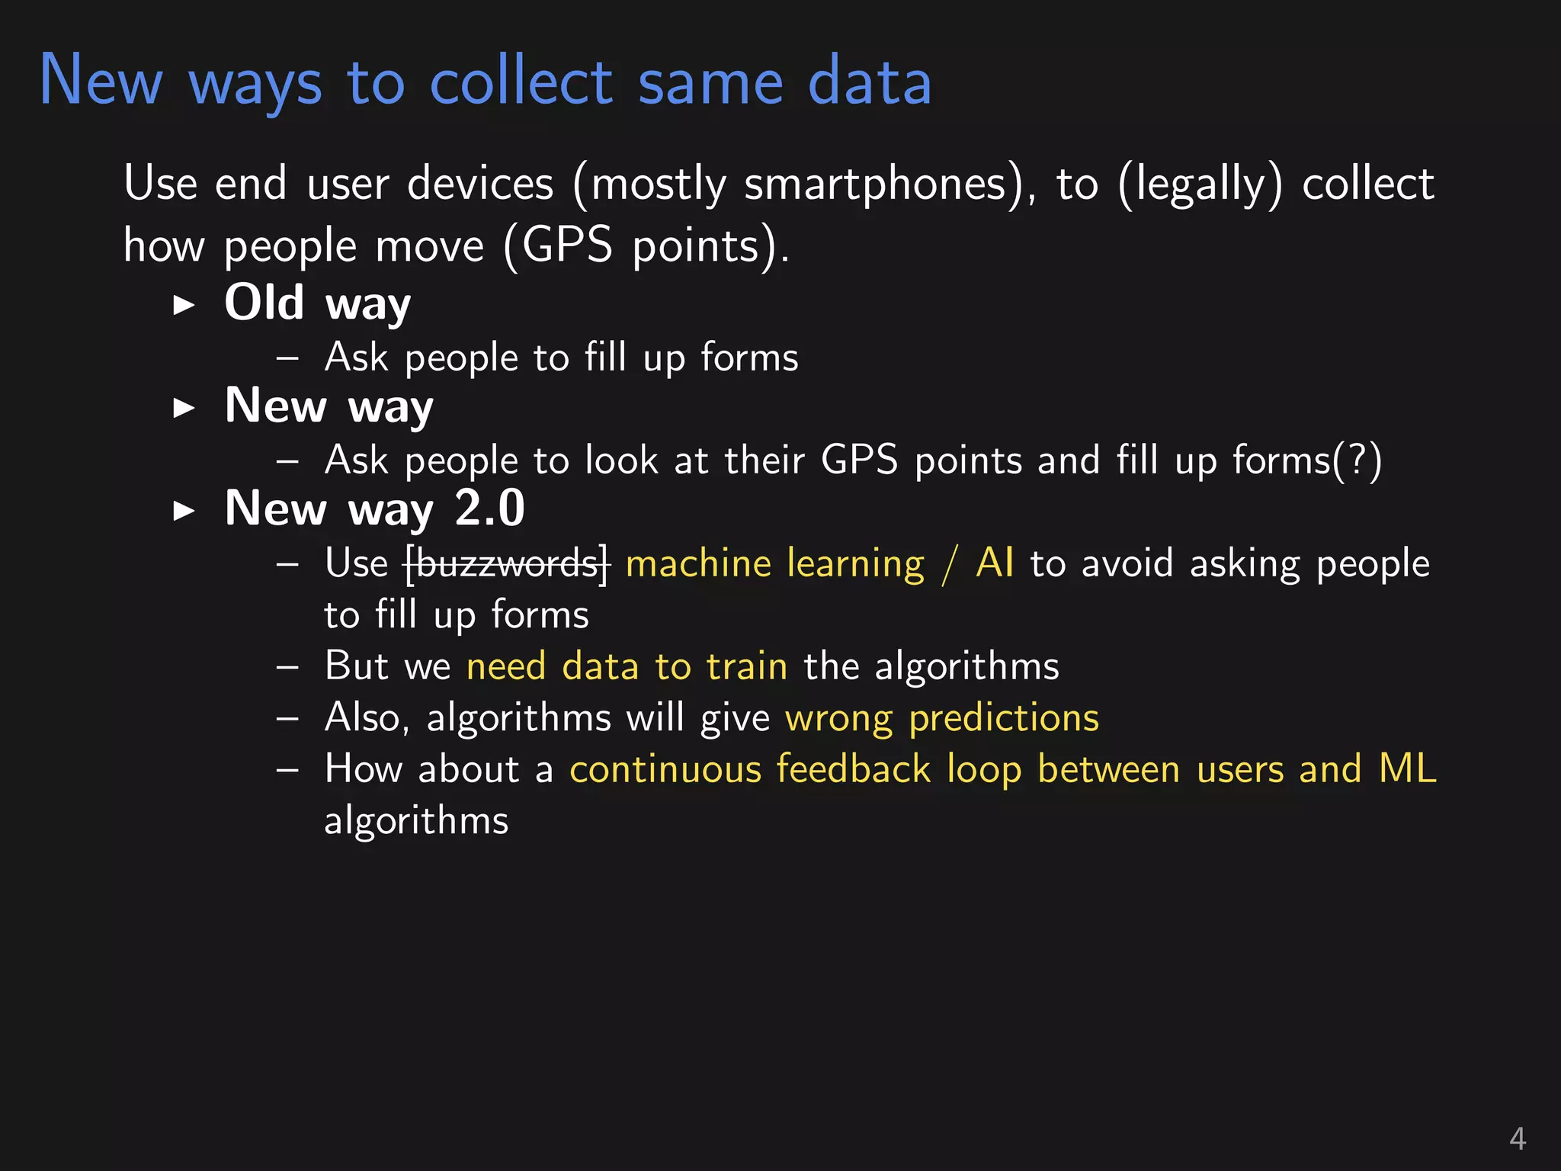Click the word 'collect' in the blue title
point(521,82)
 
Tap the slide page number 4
point(1517,1139)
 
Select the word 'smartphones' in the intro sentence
point(875,184)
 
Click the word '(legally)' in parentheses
point(1200,184)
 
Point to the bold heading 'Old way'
point(317,303)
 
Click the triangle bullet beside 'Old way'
point(184,306)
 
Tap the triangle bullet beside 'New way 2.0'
point(184,511)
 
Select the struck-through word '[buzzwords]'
point(507,564)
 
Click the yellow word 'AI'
point(995,563)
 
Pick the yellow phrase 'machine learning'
point(774,564)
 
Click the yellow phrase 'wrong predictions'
point(942,718)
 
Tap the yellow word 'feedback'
point(853,768)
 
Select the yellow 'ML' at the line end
point(1407,768)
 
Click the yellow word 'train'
point(746,666)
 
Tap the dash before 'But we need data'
point(287,667)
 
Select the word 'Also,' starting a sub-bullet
point(367,718)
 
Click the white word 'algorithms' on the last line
point(416,821)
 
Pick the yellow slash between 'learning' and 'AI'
point(950,564)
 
